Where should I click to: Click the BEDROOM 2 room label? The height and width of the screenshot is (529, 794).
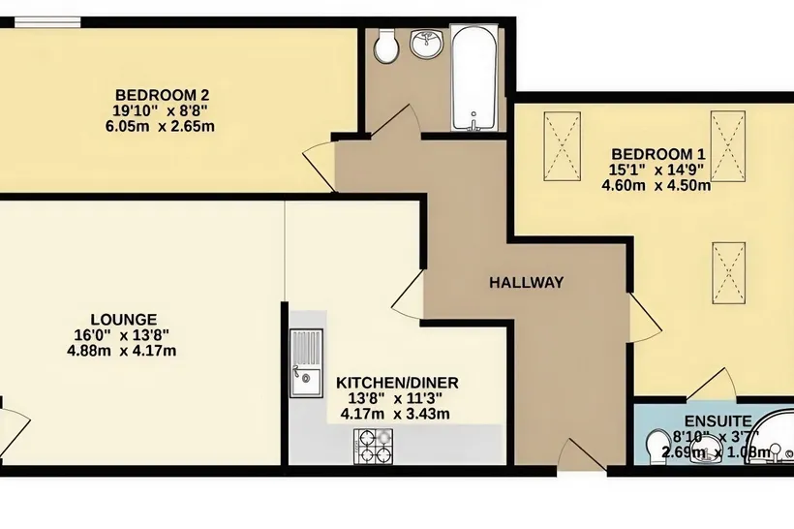[162, 95]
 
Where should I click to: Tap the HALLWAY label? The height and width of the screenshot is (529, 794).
[526, 282]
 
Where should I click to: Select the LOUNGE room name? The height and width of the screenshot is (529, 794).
[124, 320]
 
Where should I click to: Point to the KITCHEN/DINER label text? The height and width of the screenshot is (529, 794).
[397, 383]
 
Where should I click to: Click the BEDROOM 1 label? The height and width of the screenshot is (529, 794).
[658, 154]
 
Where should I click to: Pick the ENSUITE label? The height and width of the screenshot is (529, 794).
[718, 421]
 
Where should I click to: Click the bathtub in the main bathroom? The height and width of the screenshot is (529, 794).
[473, 78]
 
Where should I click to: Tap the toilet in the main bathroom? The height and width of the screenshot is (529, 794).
[387, 46]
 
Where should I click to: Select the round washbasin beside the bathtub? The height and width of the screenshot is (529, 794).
[426, 44]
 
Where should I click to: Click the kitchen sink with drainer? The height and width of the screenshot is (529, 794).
[306, 363]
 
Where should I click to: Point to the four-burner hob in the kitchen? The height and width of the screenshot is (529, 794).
[373, 447]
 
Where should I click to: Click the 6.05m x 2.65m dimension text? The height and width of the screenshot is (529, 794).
[160, 126]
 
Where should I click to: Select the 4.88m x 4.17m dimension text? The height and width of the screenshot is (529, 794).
[122, 351]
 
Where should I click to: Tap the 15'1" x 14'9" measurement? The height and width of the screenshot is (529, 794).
[658, 170]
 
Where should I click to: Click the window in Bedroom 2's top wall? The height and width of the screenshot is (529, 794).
[47, 21]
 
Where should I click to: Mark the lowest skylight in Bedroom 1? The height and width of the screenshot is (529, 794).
[729, 273]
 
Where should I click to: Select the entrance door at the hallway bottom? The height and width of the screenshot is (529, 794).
[581, 455]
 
